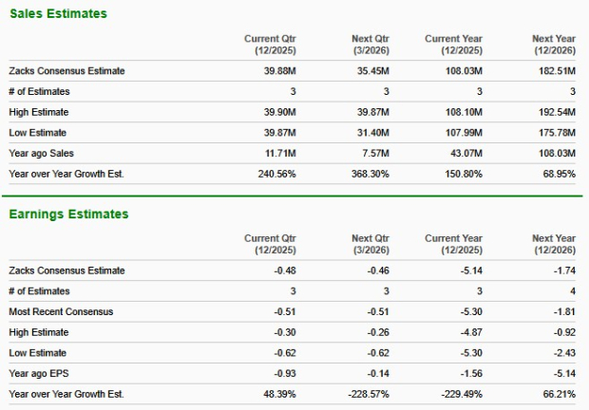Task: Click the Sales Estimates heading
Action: click(58, 14)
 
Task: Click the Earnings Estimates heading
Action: click(68, 214)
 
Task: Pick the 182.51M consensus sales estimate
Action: click(553, 70)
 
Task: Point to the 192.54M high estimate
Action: click(553, 112)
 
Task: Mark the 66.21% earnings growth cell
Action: click(555, 394)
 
